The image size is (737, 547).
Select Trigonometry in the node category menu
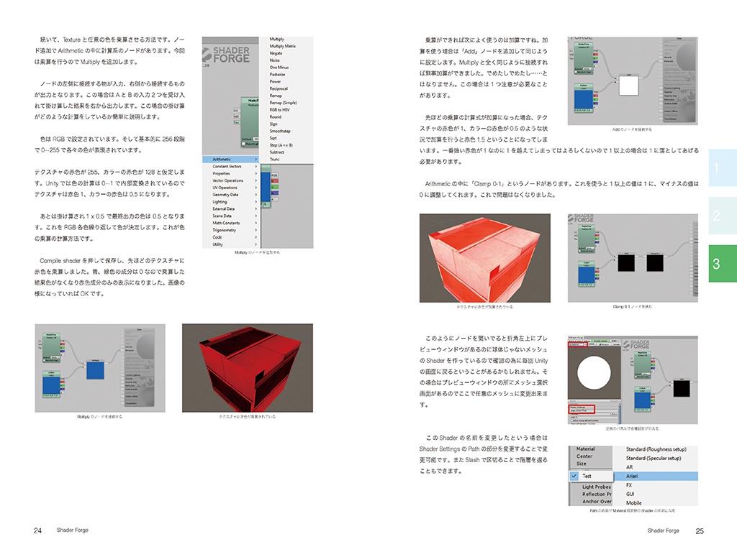(x=225, y=230)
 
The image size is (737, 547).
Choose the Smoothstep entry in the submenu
(x=281, y=131)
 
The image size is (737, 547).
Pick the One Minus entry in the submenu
(x=279, y=68)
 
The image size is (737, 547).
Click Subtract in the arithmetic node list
(x=277, y=152)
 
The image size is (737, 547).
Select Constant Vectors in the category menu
(x=227, y=167)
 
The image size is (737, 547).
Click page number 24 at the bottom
(x=37, y=531)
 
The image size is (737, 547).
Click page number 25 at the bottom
(x=700, y=531)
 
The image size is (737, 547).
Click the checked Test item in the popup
(x=587, y=476)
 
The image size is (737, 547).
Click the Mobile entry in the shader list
(x=633, y=503)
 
